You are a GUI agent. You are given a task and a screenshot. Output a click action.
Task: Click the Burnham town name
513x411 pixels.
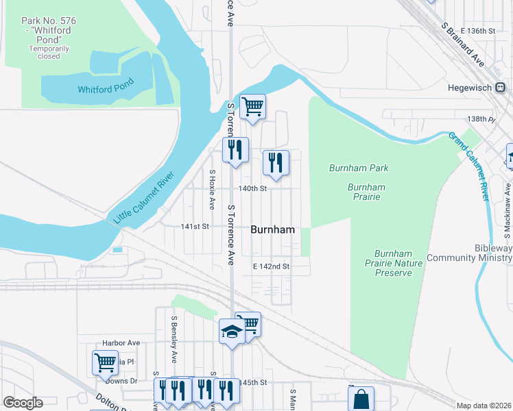pyautogui.click(x=273, y=230)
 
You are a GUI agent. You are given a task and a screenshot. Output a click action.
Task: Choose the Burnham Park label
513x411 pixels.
pyautogui.click(x=359, y=168)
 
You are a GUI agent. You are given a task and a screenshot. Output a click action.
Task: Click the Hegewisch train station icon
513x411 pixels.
pyautogui.click(x=501, y=88)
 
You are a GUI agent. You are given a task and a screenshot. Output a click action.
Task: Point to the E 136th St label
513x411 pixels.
pyautogui.click(x=478, y=32)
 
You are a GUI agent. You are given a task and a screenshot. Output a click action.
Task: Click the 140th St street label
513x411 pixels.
pyautogui.click(x=252, y=188)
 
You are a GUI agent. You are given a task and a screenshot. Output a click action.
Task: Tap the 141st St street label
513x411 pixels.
pyautogui.click(x=194, y=226)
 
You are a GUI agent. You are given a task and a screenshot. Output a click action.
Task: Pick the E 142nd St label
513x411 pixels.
pyautogui.click(x=272, y=266)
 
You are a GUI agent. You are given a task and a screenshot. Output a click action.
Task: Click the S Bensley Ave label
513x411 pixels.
pyautogui.click(x=174, y=339)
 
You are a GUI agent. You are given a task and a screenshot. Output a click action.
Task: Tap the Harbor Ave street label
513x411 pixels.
pyautogui.click(x=121, y=343)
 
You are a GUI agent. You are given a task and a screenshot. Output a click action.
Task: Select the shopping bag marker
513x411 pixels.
pyautogui.click(x=361, y=399)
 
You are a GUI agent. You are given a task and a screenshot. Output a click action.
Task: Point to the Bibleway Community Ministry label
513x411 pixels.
pyautogui.click(x=469, y=253)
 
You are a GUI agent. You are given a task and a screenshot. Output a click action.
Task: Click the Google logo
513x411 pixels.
pyautogui.click(x=23, y=403)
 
